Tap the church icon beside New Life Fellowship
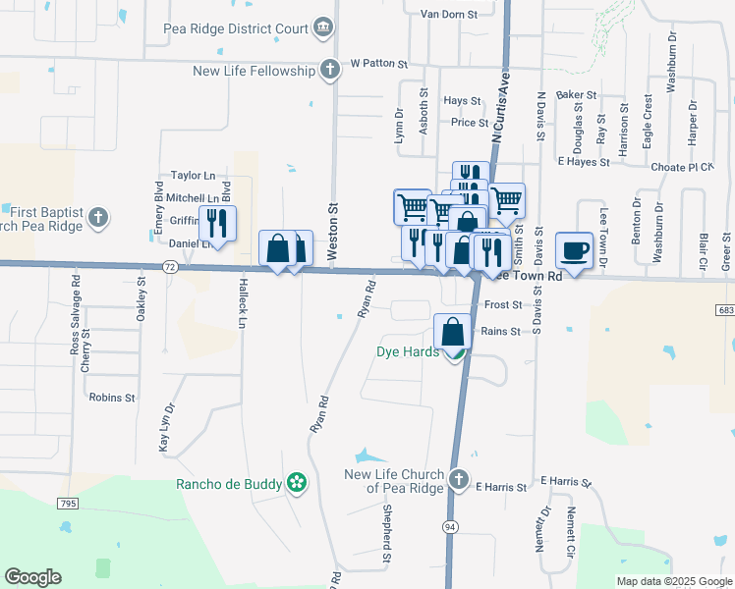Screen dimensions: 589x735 pos(330,70)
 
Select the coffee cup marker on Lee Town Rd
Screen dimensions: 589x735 pos(574,249)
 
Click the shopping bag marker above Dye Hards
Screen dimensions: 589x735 pos(453,332)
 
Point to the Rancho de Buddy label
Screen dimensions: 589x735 pos(229,483)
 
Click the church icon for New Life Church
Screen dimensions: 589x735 pos(457,480)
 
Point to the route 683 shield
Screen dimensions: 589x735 pos(725,311)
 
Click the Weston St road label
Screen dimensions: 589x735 pos(333,231)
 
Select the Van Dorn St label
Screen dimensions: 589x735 pos(448,15)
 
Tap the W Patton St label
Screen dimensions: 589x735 pos(378,64)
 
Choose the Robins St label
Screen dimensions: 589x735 pos(111,398)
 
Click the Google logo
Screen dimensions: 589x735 pos(32,577)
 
